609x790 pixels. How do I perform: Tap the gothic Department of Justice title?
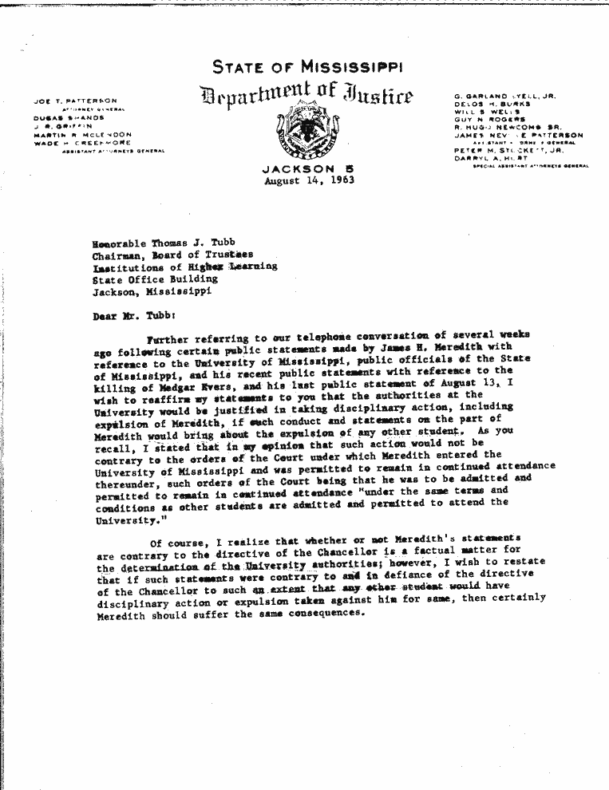click(x=307, y=98)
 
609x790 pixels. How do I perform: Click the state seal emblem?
click(x=308, y=134)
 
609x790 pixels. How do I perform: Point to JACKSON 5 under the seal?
click(x=308, y=169)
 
